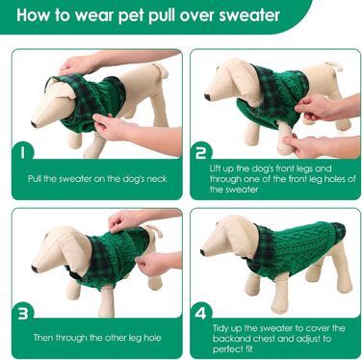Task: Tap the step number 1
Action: point(22,151)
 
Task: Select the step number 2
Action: point(201,152)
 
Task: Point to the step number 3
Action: point(23,314)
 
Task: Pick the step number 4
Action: point(200,313)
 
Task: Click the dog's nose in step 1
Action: point(34,123)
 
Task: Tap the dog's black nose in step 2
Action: point(208,96)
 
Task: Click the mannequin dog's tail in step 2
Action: point(335,65)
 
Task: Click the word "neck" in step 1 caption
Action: point(157,179)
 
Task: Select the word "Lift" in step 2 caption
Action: point(215,168)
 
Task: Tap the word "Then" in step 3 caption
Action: point(43,338)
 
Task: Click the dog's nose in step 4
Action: point(203,252)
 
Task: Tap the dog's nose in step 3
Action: point(35,269)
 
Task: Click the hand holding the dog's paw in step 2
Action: point(307,146)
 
